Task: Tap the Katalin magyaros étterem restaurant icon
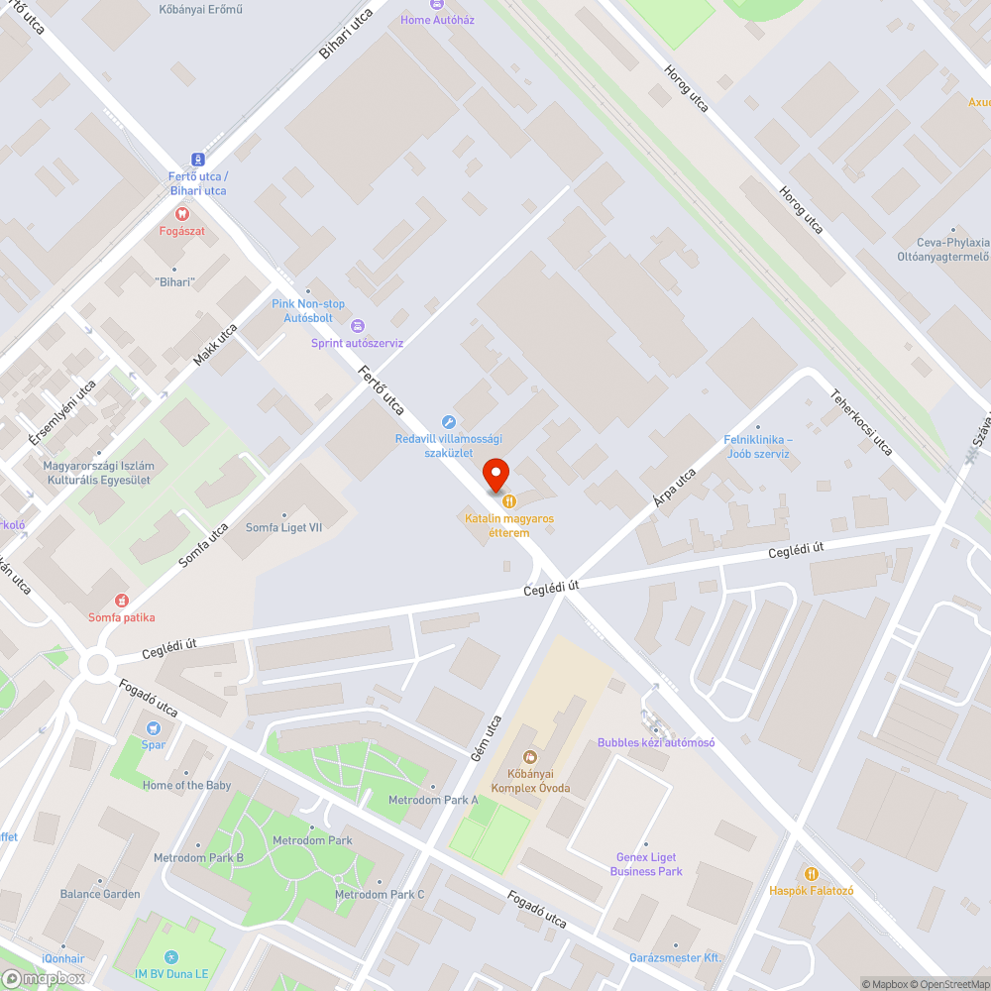pos(509,501)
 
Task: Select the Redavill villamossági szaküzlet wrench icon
pos(448,422)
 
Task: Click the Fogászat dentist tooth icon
pos(181,213)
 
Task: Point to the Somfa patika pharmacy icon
pos(121,601)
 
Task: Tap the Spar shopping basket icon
pos(154,728)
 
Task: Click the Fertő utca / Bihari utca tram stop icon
pos(197,159)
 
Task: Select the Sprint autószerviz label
pos(357,343)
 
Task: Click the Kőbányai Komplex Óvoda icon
pos(530,758)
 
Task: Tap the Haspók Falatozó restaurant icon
pos(812,874)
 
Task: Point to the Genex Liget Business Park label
pos(646,864)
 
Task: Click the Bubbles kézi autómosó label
pos(655,742)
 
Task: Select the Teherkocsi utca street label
pos(861,422)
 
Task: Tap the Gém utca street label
pos(490,738)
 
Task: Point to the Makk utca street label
pos(216,345)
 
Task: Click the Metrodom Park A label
pos(433,800)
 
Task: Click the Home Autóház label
pos(436,20)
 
